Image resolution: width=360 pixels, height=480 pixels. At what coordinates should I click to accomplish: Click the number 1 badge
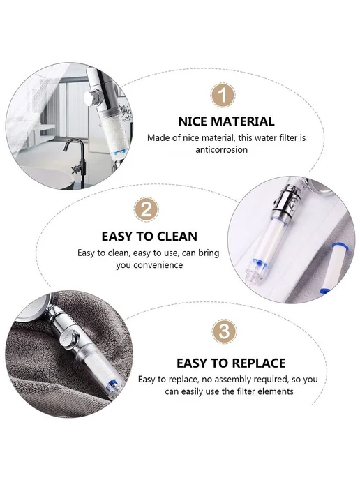click(x=223, y=95)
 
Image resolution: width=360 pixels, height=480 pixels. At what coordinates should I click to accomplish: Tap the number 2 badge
click(x=147, y=210)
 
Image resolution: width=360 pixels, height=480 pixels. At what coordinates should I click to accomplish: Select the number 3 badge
click(x=224, y=331)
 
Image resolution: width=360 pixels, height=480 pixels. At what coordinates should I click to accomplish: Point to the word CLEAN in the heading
click(x=177, y=237)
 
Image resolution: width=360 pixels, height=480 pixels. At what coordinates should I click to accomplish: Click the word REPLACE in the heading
click(x=253, y=363)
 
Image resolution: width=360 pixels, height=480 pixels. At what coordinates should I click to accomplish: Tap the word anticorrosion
click(x=222, y=150)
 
